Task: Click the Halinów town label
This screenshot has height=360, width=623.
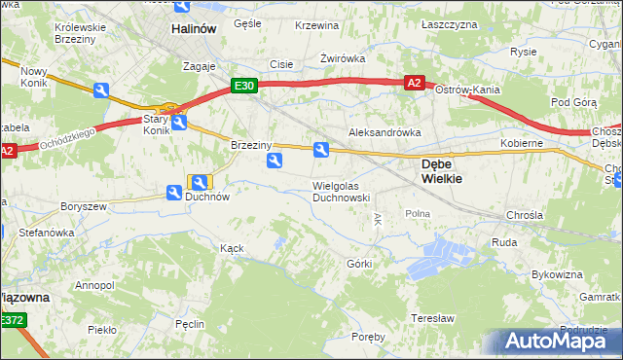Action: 193,29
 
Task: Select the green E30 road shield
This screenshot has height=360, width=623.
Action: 244,86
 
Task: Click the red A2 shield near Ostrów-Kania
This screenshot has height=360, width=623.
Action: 415,84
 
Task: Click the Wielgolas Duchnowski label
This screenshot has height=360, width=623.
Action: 341,191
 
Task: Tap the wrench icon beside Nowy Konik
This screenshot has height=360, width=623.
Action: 101,90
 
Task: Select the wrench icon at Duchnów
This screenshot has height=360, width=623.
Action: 200,182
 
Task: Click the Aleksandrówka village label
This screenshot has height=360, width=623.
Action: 384,131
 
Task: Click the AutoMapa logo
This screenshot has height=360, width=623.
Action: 556,342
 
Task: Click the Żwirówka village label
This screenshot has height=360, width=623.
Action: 343,58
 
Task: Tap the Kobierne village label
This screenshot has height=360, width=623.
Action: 521,143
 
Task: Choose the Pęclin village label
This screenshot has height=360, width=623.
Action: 190,321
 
